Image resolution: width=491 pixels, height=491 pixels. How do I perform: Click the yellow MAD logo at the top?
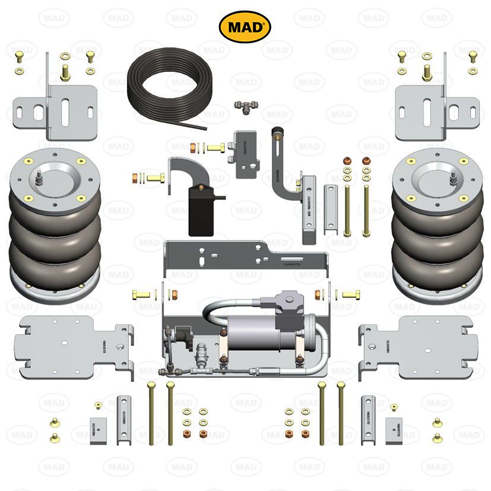245,27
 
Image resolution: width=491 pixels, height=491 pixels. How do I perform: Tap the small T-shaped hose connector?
245,107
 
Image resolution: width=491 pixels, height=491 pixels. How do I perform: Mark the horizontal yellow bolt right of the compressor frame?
350,294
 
